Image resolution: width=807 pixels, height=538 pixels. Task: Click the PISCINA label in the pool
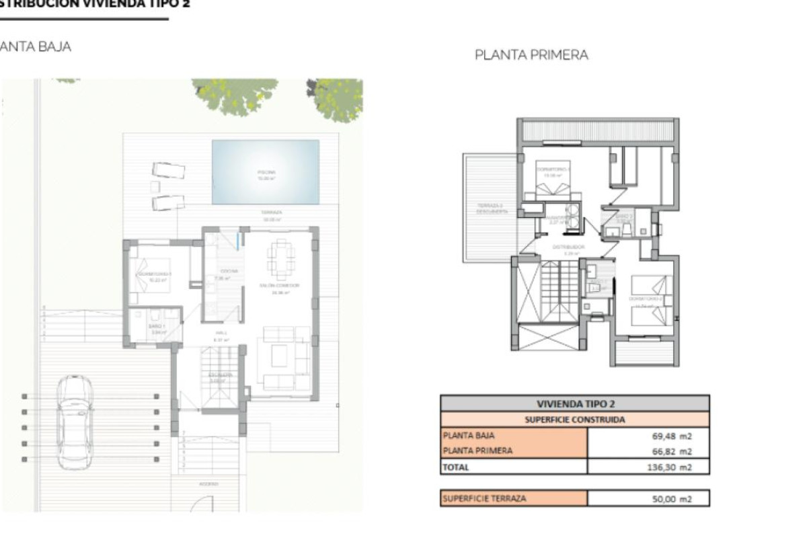[266, 172]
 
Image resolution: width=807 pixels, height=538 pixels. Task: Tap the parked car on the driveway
[75, 422]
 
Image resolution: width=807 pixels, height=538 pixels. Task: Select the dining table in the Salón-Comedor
[280, 259]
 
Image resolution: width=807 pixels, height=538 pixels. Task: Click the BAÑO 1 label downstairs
[157, 326]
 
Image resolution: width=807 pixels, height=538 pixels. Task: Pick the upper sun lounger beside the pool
[167, 169]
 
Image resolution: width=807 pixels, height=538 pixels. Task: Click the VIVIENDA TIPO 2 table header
[575, 403]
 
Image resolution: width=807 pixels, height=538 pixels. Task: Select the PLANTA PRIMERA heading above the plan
[531, 55]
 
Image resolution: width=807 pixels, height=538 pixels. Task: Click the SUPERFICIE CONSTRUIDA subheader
[575, 420]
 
